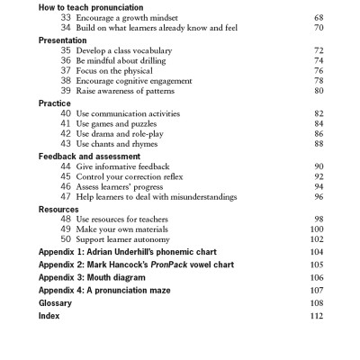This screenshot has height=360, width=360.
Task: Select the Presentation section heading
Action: click(x=62, y=40)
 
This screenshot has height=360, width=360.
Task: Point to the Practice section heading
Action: click(x=54, y=103)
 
